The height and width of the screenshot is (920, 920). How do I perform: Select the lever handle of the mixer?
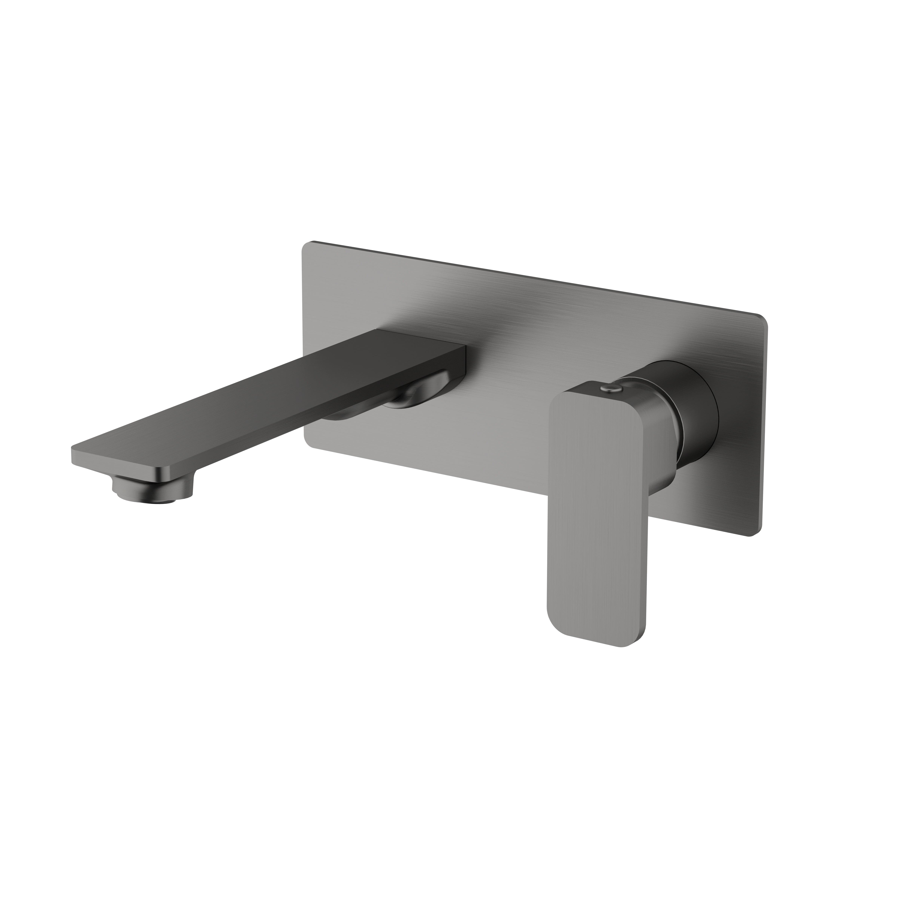pos(598,500)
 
